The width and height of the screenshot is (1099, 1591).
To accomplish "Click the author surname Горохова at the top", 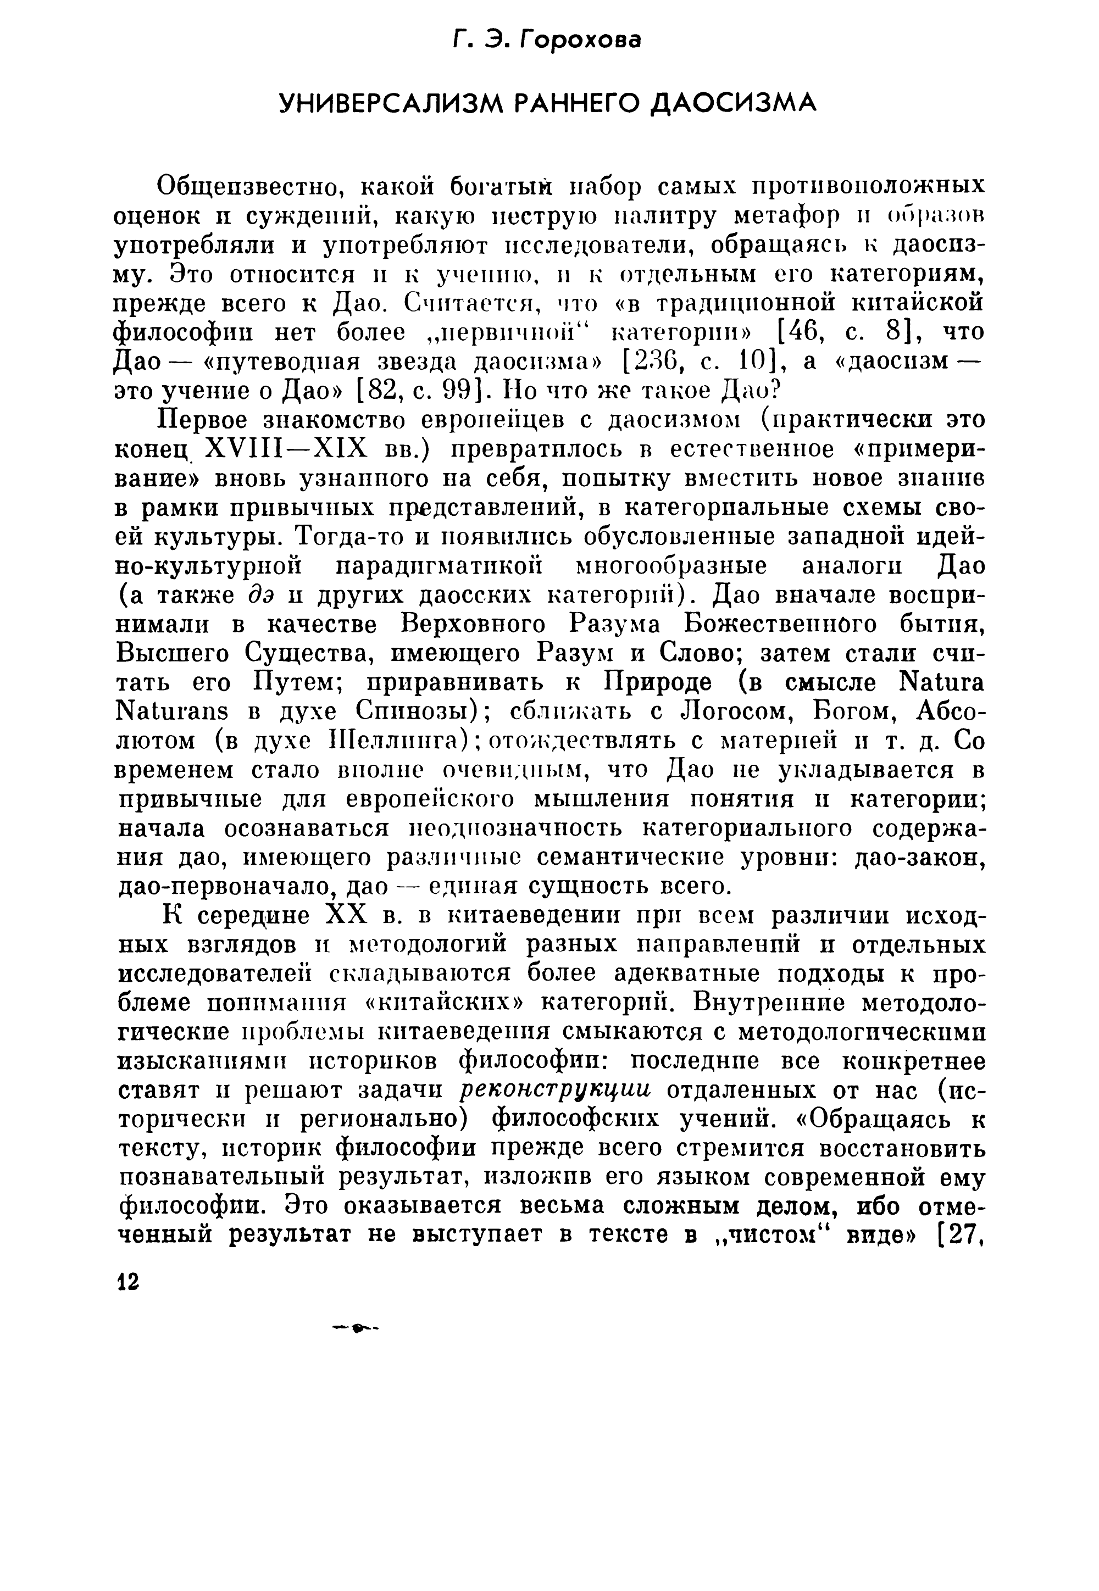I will (x=580, y=41).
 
